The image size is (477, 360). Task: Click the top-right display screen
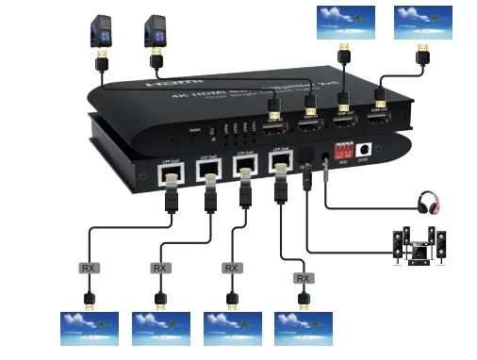(x=423, y=23)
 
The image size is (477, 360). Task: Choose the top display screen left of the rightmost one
(x=345, y=23)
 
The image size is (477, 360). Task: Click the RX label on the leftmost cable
(x=89, y=269)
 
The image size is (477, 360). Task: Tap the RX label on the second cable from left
(x=161, y=269)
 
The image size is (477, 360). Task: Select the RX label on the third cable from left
(x=231, y=269)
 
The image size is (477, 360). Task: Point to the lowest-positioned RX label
(x=303, y=278)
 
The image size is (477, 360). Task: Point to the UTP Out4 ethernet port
(x=279, y=165)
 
